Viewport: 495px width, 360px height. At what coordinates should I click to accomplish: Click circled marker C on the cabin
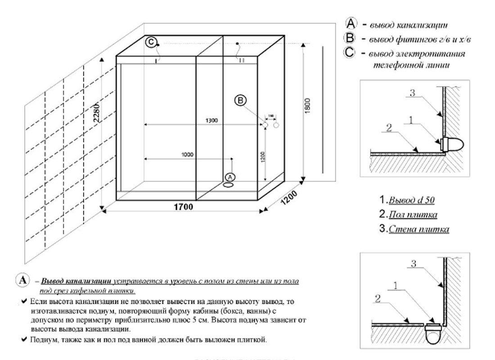152,42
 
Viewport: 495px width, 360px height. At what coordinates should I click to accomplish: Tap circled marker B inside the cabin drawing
240,101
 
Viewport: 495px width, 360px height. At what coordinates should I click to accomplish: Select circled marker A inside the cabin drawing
229,176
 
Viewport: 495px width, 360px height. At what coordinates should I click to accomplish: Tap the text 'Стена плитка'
418,229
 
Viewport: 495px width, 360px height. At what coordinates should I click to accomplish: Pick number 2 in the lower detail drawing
379,297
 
